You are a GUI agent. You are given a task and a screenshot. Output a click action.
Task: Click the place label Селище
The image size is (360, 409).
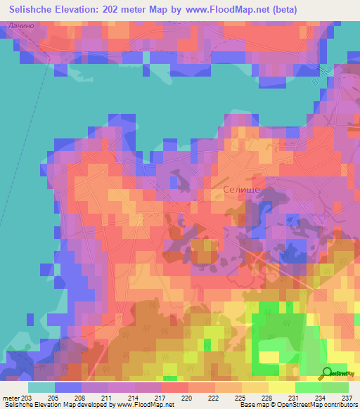241,190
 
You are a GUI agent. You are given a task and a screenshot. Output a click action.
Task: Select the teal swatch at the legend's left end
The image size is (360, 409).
41,387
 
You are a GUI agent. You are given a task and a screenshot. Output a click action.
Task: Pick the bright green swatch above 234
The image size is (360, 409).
308,387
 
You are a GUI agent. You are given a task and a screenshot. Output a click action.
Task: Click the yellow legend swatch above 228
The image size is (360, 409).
255,387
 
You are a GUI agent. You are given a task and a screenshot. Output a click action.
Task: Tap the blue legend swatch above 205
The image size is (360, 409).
68,387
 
